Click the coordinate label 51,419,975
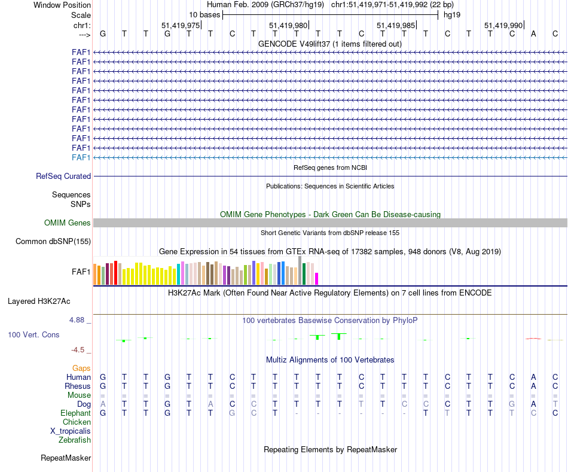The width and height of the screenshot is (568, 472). pos(181,25)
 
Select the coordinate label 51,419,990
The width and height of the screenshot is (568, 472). pos(503,25)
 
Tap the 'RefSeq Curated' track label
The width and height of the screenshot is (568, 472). pos(63,176)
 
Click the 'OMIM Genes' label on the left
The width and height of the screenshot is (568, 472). pos(68,223)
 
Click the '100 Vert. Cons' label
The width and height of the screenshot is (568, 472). pos(33,335)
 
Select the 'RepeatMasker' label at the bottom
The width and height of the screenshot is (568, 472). pos(66,458)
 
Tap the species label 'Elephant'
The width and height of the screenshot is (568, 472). pos(75,413)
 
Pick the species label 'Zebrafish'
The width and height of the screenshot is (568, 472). pos(75,440)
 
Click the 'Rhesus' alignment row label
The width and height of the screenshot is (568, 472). pos(77,386)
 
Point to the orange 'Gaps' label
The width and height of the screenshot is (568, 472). pos(81,369)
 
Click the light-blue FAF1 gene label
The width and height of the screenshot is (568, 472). pos(81,157)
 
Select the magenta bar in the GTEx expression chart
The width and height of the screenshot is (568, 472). pos(317,279)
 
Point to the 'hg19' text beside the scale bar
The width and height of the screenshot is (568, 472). pos(452,14)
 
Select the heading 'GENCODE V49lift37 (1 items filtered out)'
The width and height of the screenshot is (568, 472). pos(329,44)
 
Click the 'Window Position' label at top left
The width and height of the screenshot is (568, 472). pos(62,5)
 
